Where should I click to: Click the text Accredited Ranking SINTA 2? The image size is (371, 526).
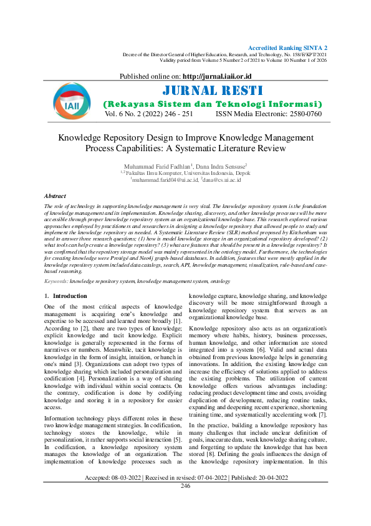(287, 48)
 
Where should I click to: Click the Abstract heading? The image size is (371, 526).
(55, 196)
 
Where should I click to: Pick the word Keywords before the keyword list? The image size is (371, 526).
(56, 282)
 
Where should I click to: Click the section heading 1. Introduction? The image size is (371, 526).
(66, 295)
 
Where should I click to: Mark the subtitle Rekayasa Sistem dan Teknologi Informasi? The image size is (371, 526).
(212, 104)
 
